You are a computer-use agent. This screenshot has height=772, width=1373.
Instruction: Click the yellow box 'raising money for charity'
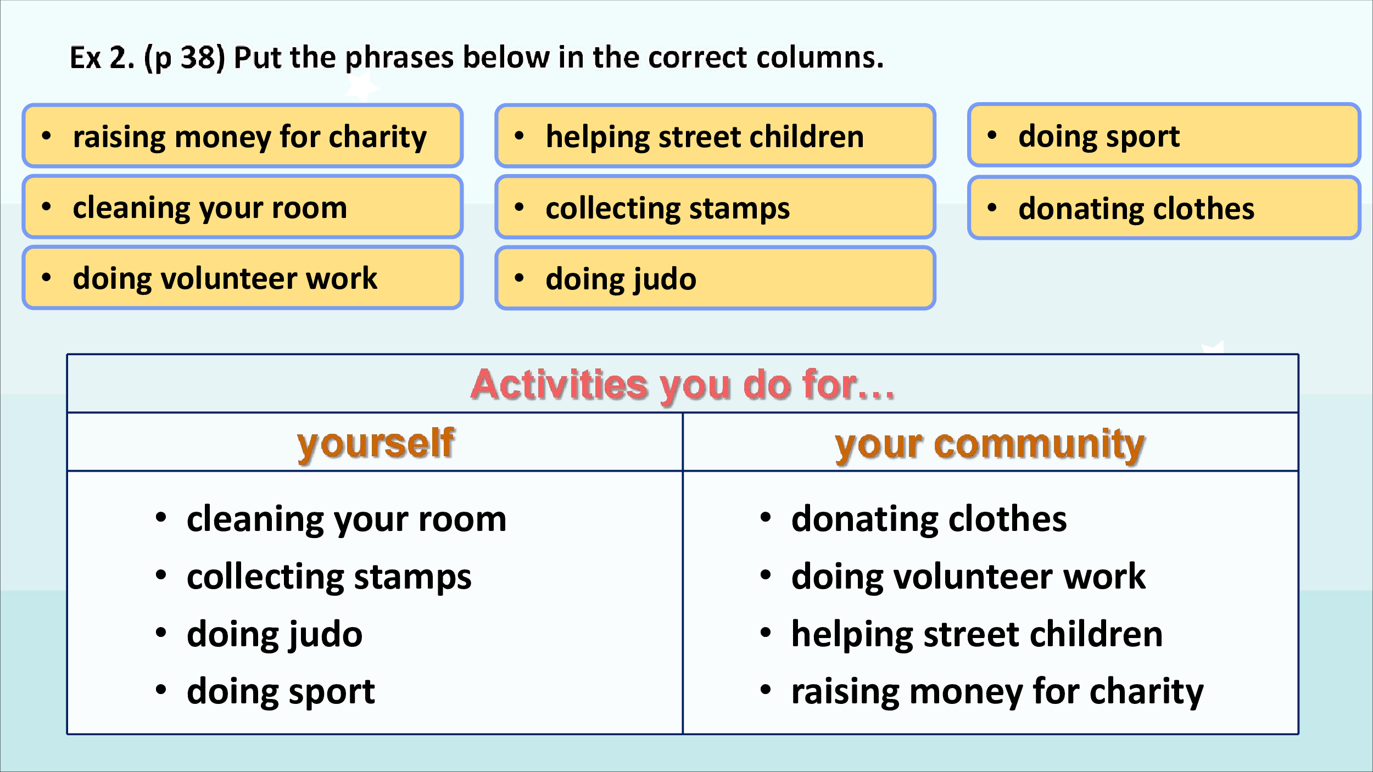point(243,136)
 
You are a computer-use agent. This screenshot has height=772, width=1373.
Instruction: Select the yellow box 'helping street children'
point(715,136)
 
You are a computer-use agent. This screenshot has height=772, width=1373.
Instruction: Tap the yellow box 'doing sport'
point(1164,135)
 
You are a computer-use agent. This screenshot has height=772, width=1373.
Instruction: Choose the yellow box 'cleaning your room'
point(243,207)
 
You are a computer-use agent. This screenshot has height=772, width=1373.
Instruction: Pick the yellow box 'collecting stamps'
point(715,207)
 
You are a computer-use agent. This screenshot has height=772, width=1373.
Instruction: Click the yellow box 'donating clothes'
point(1164,208)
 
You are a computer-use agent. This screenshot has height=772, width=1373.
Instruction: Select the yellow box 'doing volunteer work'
point(243,278)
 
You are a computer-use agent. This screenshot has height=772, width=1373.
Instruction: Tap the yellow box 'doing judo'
point(715,278)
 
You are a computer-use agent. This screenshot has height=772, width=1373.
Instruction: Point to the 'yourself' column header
point(376,444)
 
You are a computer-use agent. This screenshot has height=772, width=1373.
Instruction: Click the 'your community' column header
point(990,445)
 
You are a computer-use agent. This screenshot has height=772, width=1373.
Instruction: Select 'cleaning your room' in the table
point(347,519)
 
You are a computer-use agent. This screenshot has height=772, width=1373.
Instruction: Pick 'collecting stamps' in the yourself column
point(329,578)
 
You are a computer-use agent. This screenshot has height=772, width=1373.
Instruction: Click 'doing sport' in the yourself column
point(281,692)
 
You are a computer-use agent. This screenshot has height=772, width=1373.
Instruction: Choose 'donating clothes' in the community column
point(929,519)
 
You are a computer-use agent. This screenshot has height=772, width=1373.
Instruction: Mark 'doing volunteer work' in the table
point(968,577)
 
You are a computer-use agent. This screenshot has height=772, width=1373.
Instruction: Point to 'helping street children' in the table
point(977,635)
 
